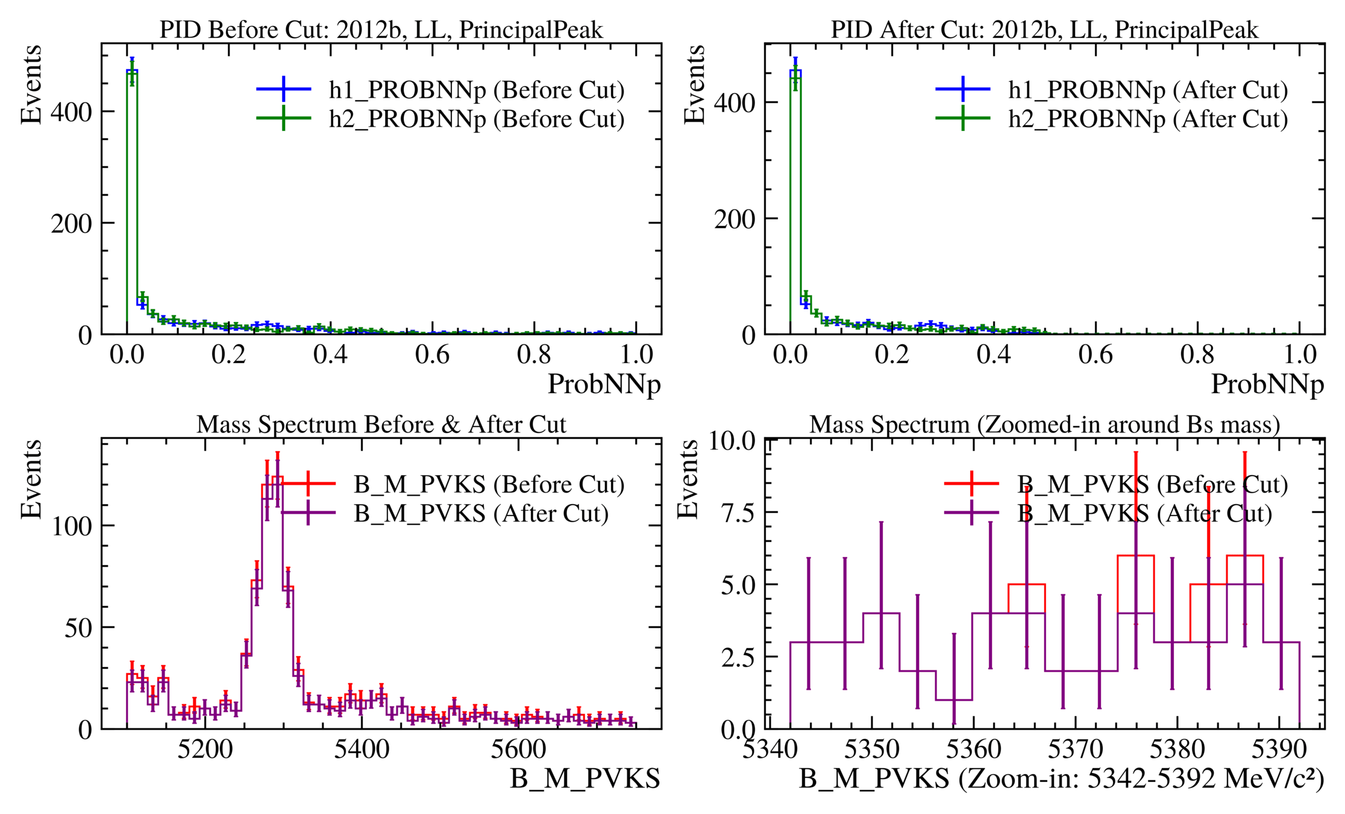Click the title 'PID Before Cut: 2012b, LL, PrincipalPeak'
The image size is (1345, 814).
[381, 30]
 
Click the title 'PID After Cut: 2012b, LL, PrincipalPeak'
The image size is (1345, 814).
[1044, 30]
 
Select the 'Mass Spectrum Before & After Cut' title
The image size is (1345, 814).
[381, 424]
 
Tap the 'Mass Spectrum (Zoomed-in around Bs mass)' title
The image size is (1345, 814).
[1044, 424]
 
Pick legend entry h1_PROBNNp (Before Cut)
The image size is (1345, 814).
[476, 90]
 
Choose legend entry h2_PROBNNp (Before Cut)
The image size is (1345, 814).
[476, 119]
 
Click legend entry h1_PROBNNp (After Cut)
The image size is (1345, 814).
[1148, 90]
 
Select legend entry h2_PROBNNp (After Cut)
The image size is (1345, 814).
[1148, 119]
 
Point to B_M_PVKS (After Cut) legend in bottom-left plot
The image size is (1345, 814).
[481, 513]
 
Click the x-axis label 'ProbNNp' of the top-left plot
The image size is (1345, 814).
[604, 384]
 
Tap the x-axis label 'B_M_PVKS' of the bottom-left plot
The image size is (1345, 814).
[585, 778]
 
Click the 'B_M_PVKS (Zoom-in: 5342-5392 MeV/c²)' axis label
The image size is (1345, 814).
[1061, 778]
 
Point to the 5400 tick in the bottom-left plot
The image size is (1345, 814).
[362, 749]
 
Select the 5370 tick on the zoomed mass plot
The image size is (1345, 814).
[1076, 749]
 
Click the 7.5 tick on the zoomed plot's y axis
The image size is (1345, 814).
[738, 513]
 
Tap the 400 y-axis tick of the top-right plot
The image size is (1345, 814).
[734, 103]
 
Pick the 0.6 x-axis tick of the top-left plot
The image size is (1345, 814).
[432, 355]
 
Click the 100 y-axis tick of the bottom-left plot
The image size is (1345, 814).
[72, 526]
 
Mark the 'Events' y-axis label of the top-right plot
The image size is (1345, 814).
[694, 84]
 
